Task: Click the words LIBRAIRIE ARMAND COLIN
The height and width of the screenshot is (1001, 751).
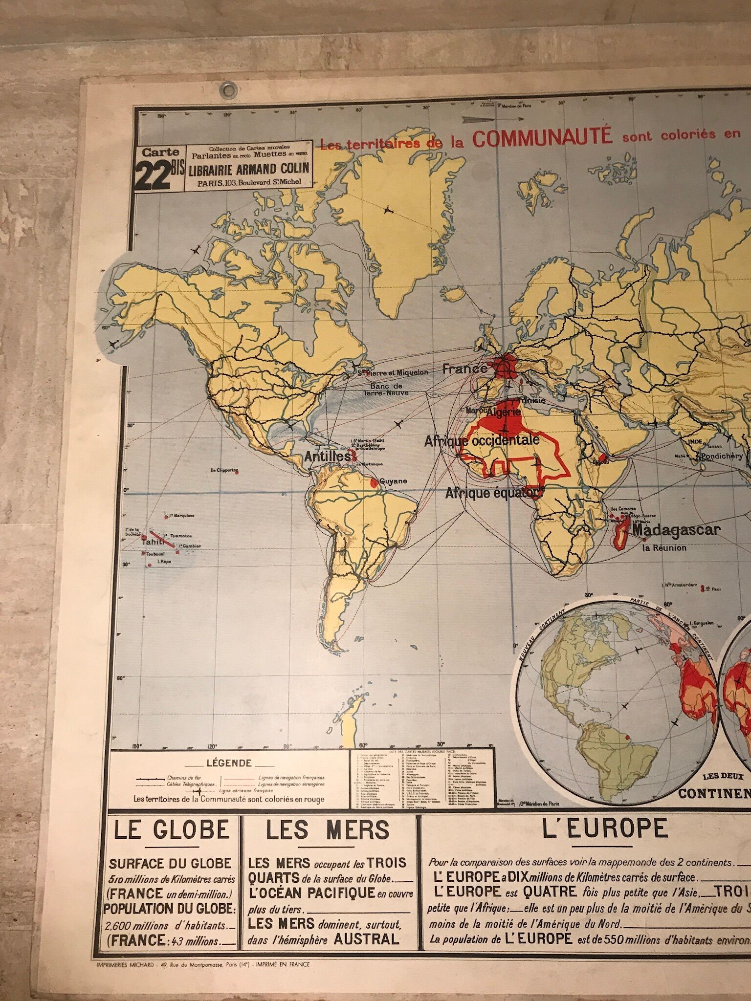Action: coord(246,168)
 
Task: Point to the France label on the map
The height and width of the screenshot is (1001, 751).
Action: coord(464,369)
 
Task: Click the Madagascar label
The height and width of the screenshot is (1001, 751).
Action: coord(676,530)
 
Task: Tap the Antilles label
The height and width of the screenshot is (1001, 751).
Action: coord(327,457)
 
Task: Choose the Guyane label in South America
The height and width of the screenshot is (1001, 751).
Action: coord(393,481)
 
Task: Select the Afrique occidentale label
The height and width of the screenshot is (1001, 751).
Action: coord(482,440)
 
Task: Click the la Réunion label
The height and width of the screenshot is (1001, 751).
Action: coord(664,548)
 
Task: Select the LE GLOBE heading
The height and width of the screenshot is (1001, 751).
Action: coord(172,829)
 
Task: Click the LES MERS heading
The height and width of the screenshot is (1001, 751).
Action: coord(328,829)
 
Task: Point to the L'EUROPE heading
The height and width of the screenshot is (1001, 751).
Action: coord(605,828)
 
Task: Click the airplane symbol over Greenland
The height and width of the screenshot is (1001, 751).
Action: coord(389,210)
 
